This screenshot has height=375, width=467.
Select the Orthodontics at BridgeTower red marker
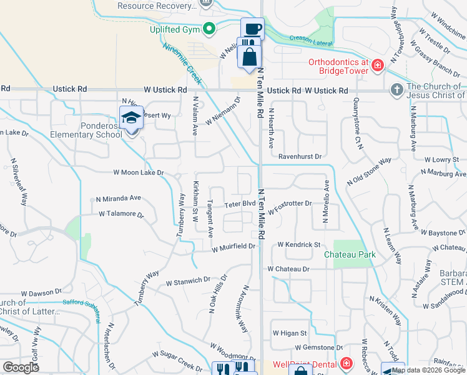coord(377,66)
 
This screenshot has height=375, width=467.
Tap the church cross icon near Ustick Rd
coord(396,90)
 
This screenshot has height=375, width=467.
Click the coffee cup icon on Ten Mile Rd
coord(252,29)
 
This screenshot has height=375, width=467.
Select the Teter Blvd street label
coord(240,204)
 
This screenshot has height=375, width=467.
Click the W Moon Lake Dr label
coord(138,172)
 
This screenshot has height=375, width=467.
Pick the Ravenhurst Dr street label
coord(300,156)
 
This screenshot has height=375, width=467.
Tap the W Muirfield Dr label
coord(234,247)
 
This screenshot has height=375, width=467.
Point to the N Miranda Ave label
coord(118,198)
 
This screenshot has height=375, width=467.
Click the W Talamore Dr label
coord(121,214)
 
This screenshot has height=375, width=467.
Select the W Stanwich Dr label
coord(192,282)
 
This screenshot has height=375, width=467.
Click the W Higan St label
coord(289,334)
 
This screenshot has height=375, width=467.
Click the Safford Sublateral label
coord(81,303)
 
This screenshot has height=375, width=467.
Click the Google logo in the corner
coord(21,367)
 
